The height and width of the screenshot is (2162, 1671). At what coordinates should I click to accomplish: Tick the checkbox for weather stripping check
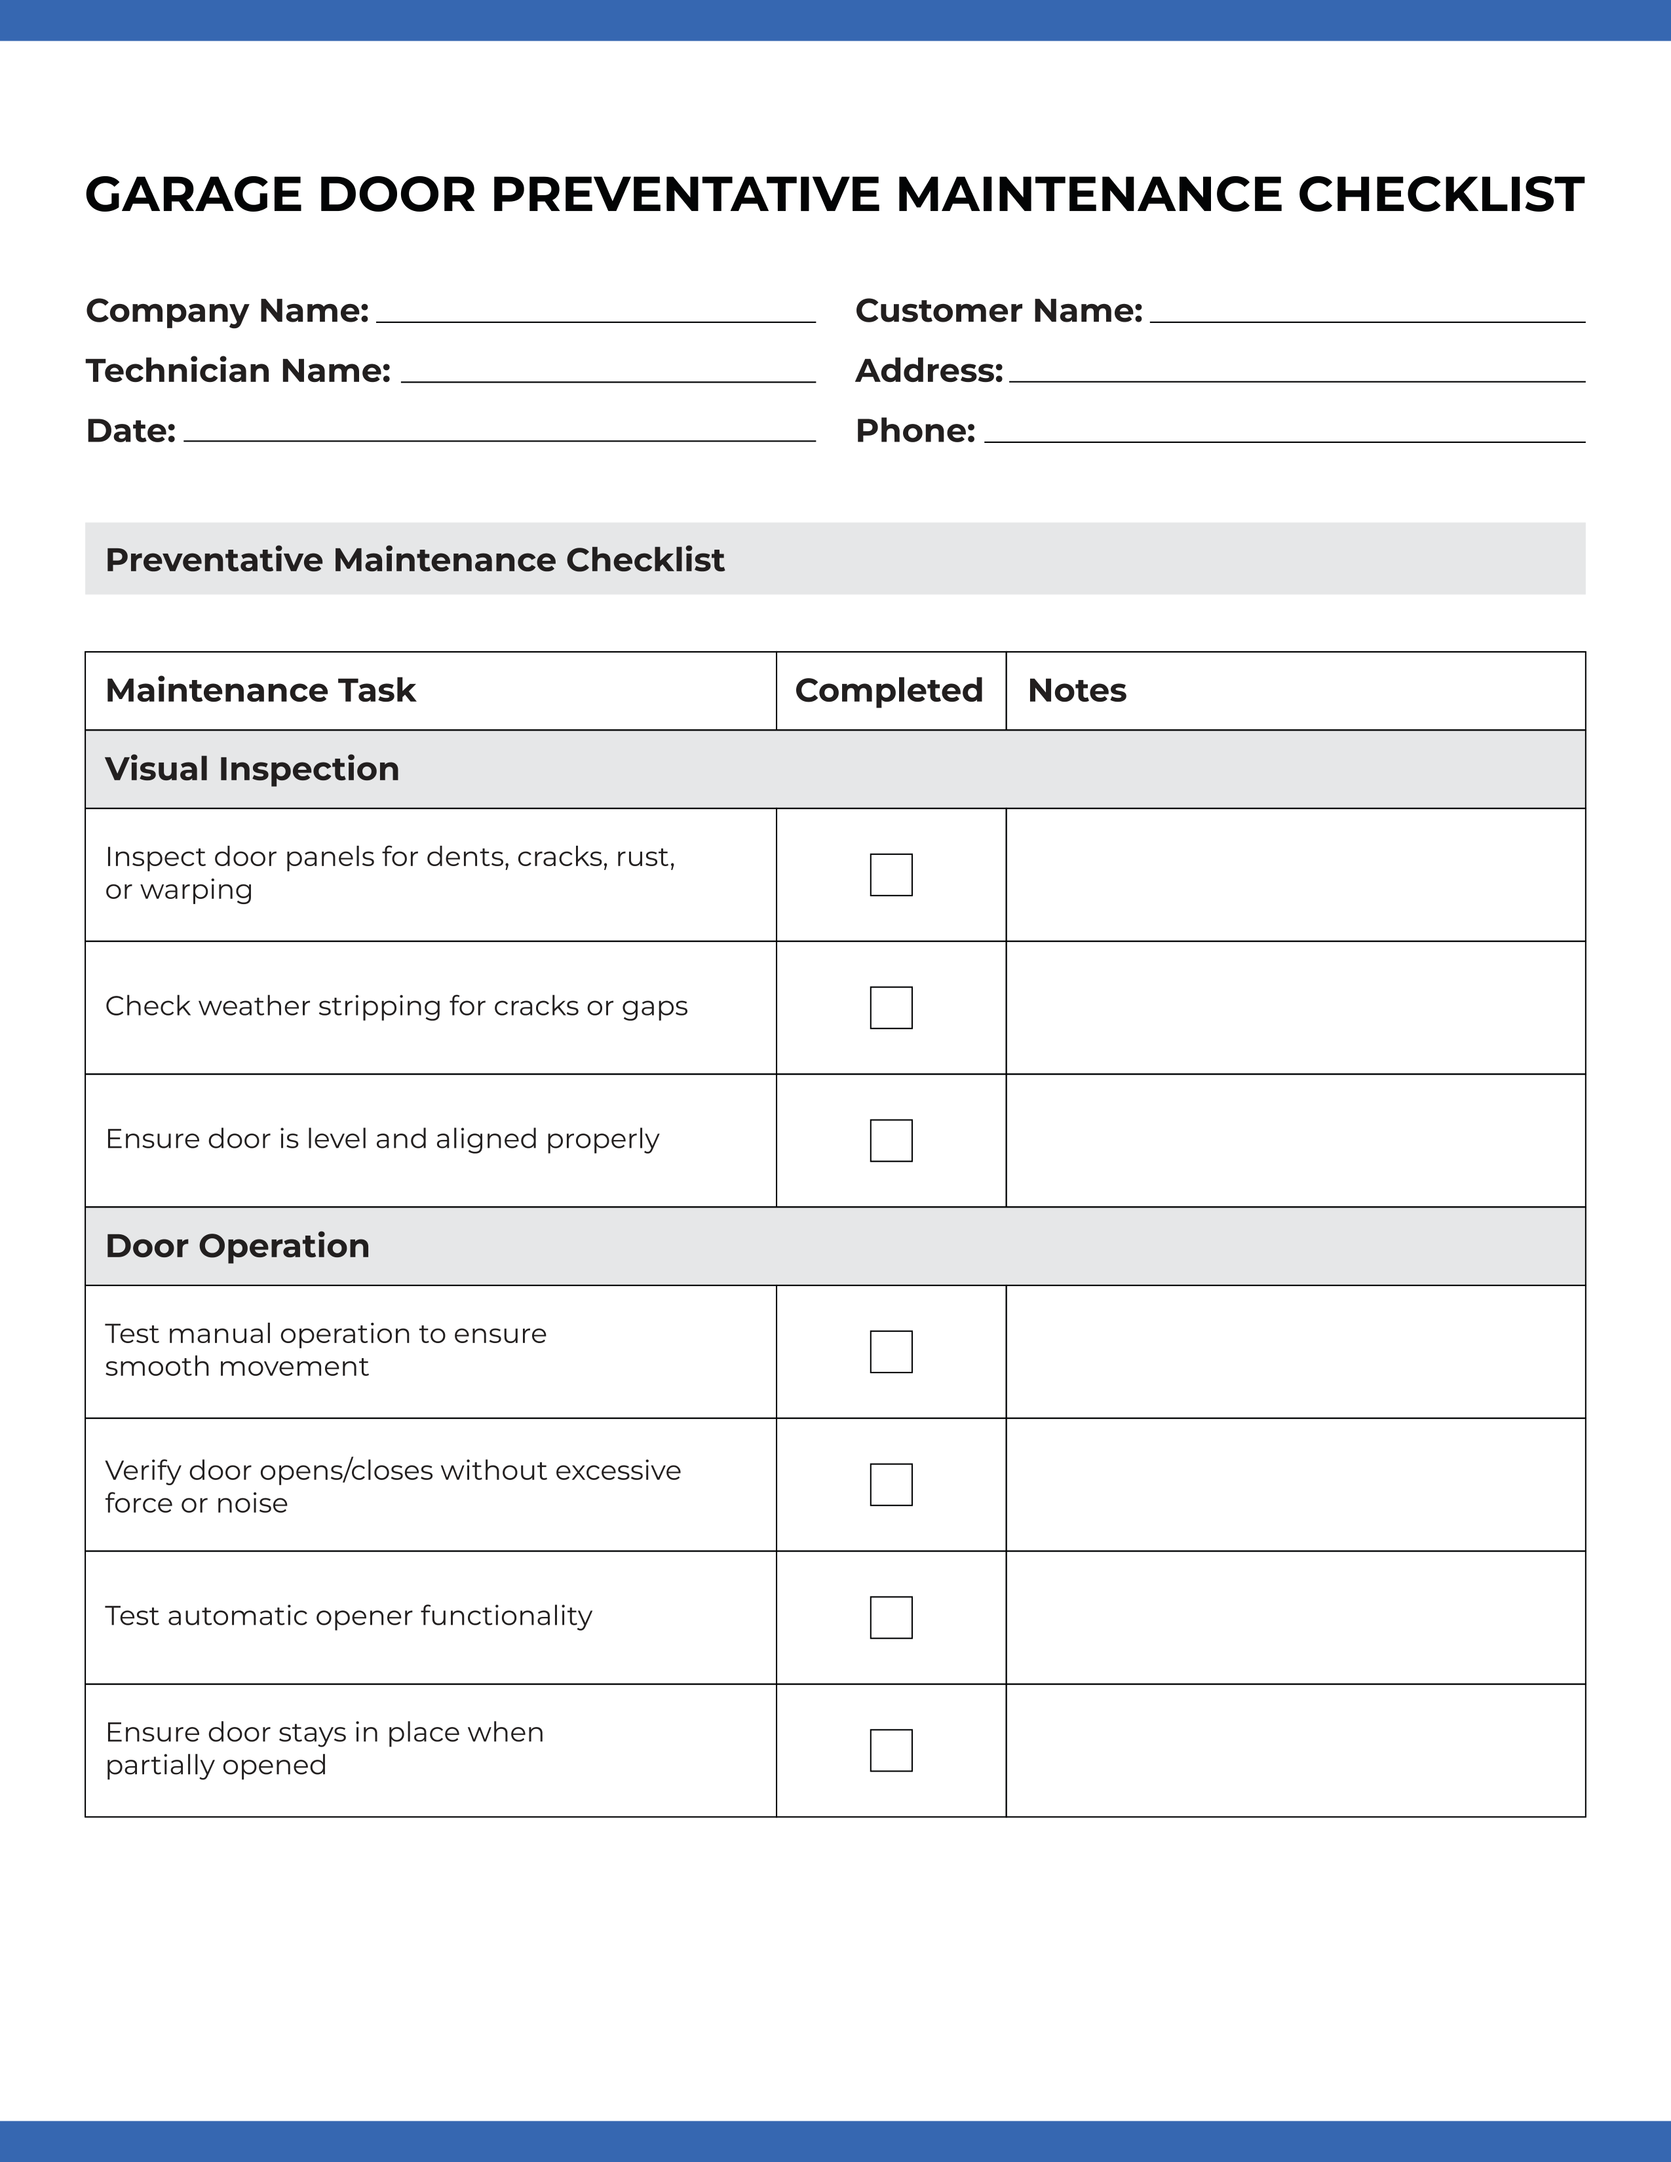891,1008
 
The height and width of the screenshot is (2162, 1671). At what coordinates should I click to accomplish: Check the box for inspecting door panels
891,875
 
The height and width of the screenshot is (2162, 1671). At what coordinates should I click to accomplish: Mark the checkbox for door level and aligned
891,1141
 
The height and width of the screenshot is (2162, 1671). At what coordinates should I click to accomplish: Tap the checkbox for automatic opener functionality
891,1618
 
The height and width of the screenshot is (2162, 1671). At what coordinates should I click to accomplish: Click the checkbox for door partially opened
891,1750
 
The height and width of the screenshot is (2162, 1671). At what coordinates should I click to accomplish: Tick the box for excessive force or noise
891,1485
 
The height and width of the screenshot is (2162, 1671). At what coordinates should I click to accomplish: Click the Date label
130,430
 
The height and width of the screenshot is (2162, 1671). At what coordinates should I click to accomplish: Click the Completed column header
889,690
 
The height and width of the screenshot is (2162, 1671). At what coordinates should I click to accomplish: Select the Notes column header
1077,690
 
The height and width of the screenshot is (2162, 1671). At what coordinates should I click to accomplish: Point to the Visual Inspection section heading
252,769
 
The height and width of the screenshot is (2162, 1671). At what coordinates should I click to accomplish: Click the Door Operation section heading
238,1245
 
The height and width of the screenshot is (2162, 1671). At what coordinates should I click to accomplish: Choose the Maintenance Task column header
260,690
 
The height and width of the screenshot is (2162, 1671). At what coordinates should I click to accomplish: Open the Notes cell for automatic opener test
1295,1618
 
